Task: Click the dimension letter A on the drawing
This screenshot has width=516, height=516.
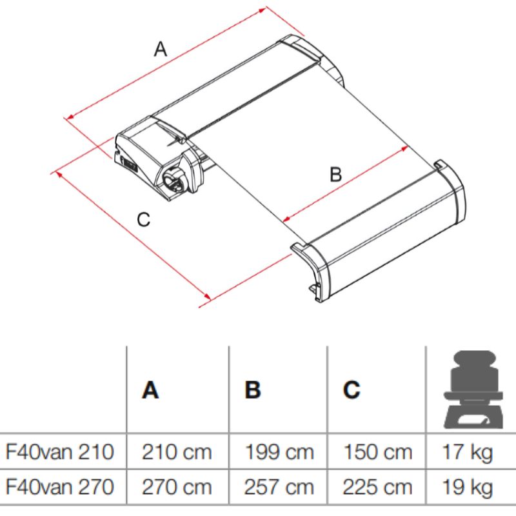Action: [x=161, y=49]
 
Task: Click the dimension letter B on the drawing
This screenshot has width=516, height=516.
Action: [x=335, y=174]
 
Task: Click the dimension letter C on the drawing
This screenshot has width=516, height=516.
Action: [x=143, y=219]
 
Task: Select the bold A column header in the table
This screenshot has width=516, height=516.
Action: [x=150, y=390]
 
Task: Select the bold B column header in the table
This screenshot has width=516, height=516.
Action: [x=253, y=390]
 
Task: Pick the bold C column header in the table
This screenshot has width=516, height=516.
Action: [x=352, y=390]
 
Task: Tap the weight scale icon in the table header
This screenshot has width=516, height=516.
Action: [x=473, y=390]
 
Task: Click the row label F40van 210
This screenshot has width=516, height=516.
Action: [x=60, y=452]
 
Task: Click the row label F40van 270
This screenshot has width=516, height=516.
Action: [x=60, y=487]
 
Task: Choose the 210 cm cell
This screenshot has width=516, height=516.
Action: [x=177, y=452]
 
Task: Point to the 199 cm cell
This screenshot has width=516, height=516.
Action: [x=279, y=452]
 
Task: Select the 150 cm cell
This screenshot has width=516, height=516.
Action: [x=378, y=452]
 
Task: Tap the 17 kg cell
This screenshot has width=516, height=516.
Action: [x=468, y=453]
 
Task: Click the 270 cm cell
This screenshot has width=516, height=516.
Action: [x=177, y=487]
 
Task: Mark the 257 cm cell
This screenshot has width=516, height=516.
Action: [x=279, y=487]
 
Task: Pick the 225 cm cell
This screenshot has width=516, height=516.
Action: [x=377, y=487]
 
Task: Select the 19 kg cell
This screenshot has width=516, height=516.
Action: [x=468, y=488]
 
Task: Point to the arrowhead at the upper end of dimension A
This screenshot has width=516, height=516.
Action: [x=263, y=10]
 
